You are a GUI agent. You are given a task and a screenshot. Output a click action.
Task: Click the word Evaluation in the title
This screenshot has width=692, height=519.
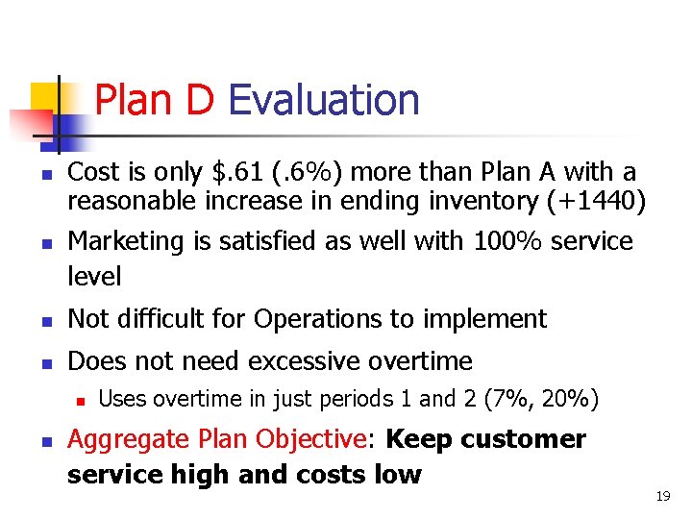324,100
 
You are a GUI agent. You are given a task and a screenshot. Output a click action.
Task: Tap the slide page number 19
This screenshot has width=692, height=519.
661,496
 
